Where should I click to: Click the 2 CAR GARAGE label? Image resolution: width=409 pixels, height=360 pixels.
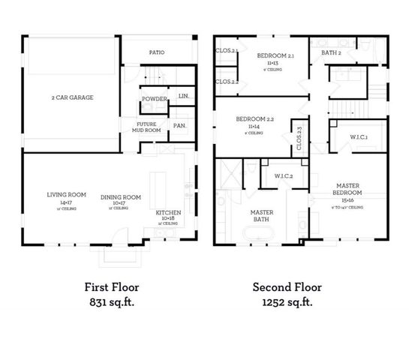tap(72, 97)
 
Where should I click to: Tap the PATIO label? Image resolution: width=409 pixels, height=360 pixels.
tap(156, 52)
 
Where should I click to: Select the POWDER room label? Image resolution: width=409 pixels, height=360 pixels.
tap(154, 99)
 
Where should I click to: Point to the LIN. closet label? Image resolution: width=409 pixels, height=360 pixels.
tap(182, 96)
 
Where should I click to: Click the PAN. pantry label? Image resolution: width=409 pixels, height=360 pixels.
tap(179, 125)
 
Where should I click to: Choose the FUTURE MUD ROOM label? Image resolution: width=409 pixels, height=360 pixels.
tap(147, 127)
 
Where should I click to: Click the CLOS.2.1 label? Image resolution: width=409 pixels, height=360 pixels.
tap(226, 51)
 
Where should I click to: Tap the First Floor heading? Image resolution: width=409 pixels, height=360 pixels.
tap(112, 286)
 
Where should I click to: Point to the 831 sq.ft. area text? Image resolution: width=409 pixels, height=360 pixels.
tap(112, 302)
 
